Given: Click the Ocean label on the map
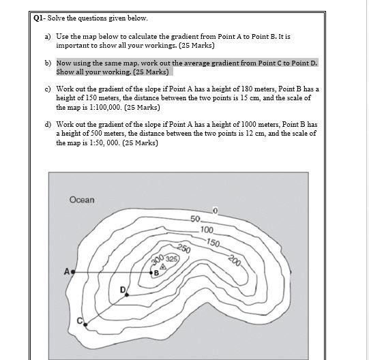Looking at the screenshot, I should [x=82, y=200].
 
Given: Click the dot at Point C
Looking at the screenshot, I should [x=85, y=325].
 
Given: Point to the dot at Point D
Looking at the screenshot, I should [x=126, y=295].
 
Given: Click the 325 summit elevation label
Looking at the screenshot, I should [x=171, y=259].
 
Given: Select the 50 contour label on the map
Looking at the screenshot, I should [x=195, y=219].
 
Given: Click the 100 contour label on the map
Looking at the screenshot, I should [x=207, y=230].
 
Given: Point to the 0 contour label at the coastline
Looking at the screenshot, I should [x=215, y=209].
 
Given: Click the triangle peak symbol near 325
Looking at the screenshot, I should [x=162, y=267].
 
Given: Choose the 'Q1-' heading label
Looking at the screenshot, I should [x=40, y=18].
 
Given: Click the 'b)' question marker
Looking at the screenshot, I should [x=48, y=63].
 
